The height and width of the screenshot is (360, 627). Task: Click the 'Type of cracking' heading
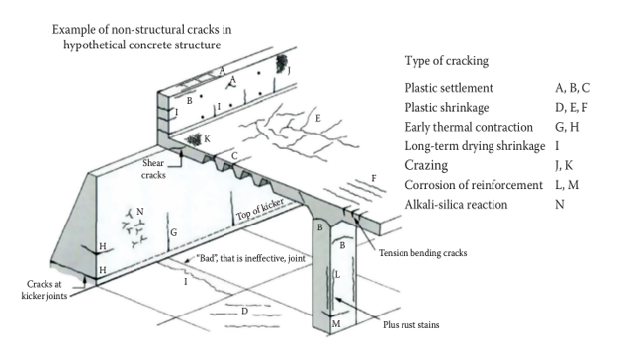click(x=447, y=61)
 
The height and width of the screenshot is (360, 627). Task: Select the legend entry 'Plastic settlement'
click(x=449, y=88)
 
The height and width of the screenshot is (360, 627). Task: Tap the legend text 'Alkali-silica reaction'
click(x=456, y=205)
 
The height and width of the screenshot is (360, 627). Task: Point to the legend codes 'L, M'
click(x=567, y=185)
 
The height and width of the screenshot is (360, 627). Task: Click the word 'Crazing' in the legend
click(x=426, y=165)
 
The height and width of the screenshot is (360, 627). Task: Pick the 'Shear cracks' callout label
click(x=153, y=169)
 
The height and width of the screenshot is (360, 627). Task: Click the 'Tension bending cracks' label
click(x=422, y=253)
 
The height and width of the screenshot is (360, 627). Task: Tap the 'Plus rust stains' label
click(x=411, y=324)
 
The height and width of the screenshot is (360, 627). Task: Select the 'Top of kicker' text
click(x=260, y=209)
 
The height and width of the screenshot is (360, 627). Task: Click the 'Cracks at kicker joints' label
click(x=44, y=290)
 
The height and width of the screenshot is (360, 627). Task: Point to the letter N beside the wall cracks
click(x=140, y=212)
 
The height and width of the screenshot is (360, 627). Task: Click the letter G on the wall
click(x=173, y=232)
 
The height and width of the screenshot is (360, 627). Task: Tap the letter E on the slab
click(x=318, y=118)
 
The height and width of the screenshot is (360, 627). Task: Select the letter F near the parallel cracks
click(x=374, y=178)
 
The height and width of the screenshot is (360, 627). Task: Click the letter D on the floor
click(x=244, y=311)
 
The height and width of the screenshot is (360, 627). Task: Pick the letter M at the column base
click(x=336, y=324)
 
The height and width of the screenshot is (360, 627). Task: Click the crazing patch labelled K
click(x=195, y=139)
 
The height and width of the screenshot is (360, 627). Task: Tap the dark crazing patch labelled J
click(x=282, y=63)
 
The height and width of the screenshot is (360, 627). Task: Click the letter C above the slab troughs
click(x=234, y=156)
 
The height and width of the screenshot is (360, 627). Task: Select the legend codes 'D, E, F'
click(x=571, y=108)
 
